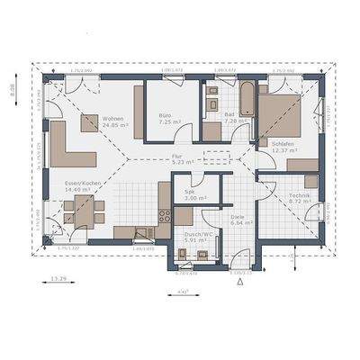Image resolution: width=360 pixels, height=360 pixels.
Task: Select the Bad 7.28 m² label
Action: [219, 119]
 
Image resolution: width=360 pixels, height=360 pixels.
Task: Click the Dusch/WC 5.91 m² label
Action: [194, 238]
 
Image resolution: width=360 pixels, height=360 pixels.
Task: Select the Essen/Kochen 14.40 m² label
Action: [82, 187]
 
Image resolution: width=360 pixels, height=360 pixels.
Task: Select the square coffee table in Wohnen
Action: [90, 124]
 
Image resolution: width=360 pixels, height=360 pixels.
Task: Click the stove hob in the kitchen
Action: [165, 216]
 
